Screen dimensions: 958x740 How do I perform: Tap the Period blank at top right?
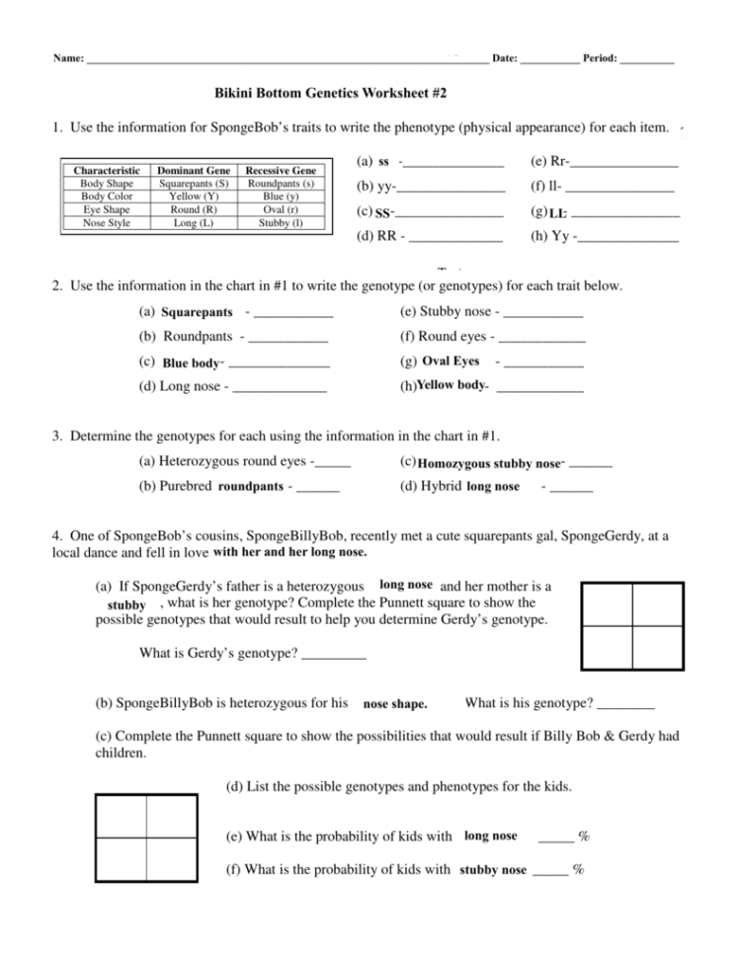click(648, 61)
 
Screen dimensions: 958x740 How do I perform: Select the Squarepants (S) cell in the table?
click(194, 184)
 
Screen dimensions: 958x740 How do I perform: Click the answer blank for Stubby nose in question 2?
click(543, 315)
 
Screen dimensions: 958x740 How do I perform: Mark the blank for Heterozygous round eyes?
click(334, 464)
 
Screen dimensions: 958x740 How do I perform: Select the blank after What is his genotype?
click(626, 705)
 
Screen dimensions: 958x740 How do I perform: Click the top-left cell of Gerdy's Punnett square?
click(607, 604)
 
